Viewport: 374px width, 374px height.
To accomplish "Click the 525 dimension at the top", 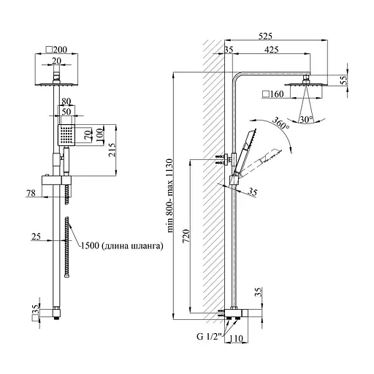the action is (265, 37).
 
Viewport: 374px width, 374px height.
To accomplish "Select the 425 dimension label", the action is (271, 50).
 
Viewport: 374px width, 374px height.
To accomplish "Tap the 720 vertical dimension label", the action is (186, 236).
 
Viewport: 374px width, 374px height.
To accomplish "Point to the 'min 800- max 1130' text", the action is (170, 196).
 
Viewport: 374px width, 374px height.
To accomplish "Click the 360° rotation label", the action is (280, 123).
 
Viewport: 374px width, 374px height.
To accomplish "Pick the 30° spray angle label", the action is (307, 120).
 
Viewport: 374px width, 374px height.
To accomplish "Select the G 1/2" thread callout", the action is (209, 337).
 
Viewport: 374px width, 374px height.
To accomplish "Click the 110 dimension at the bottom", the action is (236, 338).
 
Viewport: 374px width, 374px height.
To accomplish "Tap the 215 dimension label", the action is (112, 150).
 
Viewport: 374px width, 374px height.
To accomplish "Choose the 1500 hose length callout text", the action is (122, 245).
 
